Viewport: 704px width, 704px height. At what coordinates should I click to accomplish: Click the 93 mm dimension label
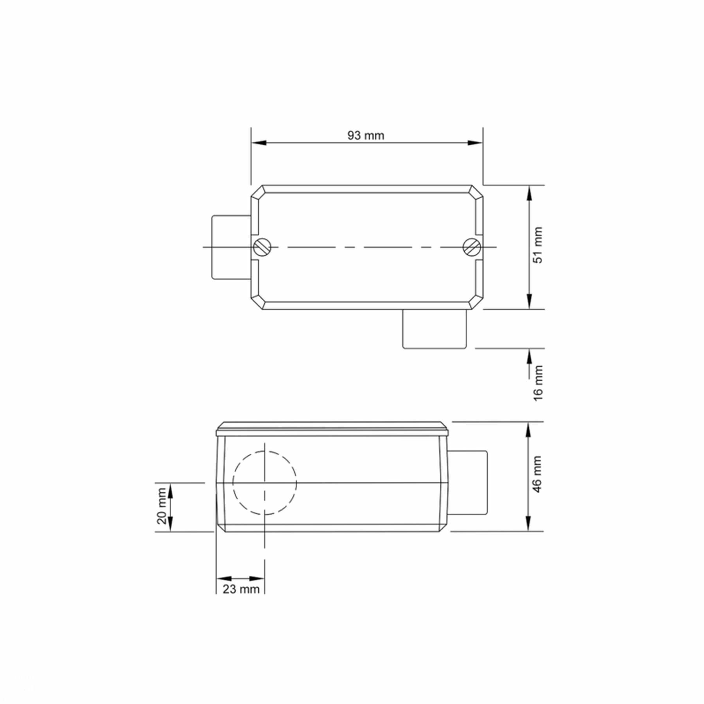pyautogui.click(x=366, y=136)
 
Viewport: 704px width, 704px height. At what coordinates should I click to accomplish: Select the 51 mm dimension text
pyautogui.click(x=539, y=245)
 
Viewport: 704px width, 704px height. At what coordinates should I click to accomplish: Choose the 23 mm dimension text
pyautogui.click(x=241, y=589)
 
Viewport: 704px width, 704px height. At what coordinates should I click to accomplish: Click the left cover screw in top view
pyautogui.click(x=260, y=247)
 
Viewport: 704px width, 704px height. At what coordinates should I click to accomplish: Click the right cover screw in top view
pyautogui.click(x=471, y=247)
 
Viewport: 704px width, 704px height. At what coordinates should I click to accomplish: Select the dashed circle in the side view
pyautogui.click(x=265, y=483)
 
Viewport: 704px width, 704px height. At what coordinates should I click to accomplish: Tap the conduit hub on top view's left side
pyautogui.click(x=231, y=247)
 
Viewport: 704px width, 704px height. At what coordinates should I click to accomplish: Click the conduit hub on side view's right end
pyautogui.click(x=468, y=483)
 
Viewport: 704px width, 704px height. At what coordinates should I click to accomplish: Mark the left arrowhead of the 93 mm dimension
pyautogui.click(x=258, y=143)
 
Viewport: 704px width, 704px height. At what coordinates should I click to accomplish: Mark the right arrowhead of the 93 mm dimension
pyautogui.click(x=476, y=143)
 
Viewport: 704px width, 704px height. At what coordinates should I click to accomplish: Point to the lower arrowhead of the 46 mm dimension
pyautogui.click(x=528, y=524)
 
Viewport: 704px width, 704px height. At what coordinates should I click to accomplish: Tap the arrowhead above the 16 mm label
pyautogui.click(x=529, y=355)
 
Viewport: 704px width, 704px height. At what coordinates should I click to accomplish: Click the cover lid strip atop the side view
pyautogui.click(x=332, y=429)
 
